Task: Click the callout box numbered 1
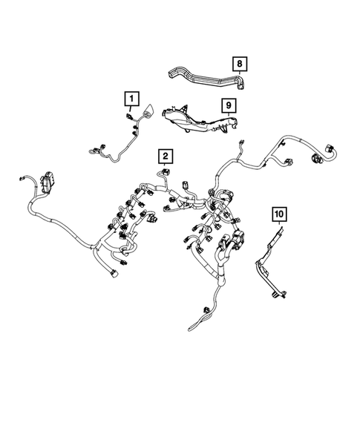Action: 131,98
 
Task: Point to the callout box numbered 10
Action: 279,216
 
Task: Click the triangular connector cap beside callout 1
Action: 148,112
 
